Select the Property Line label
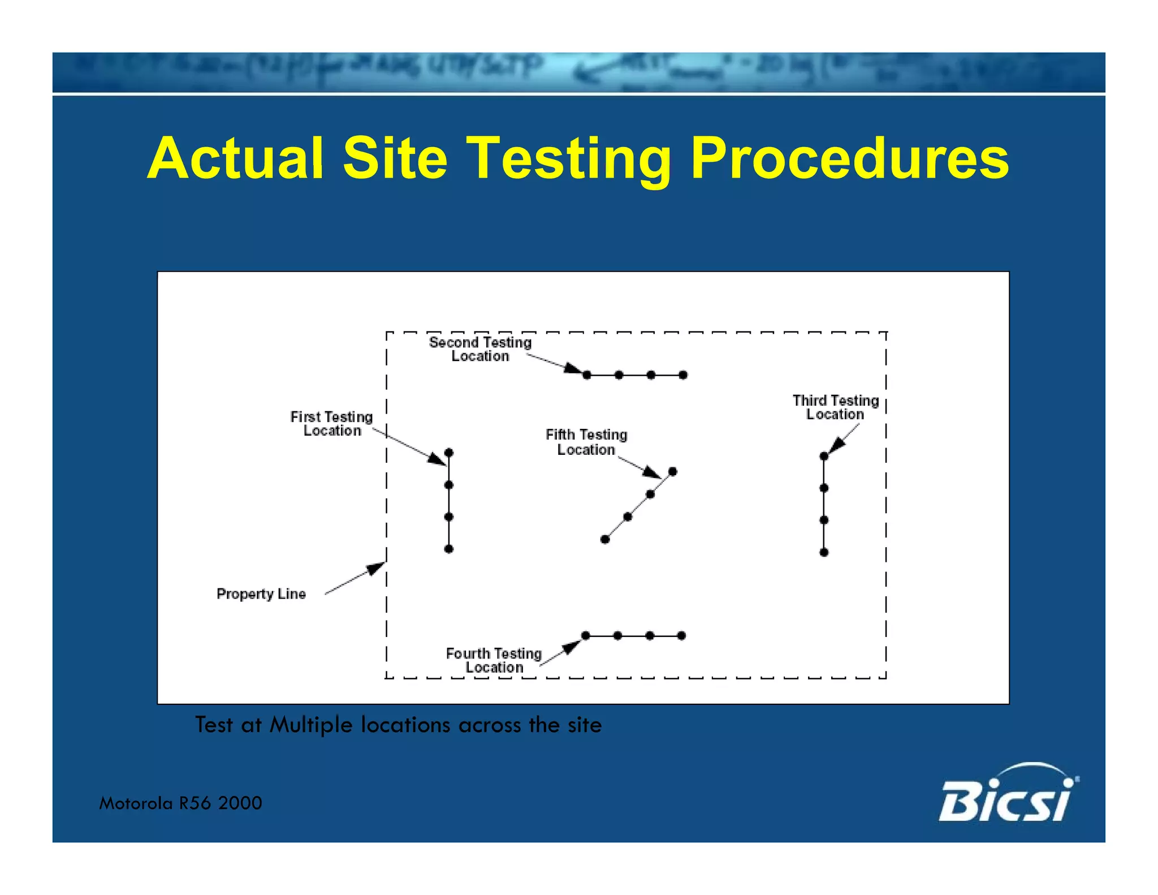pos(261,594)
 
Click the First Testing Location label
pos(332,424)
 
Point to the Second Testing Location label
pos(480,349)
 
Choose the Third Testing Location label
pos(835,407)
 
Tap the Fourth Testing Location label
pos(494,660)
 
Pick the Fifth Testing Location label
pos(586,442)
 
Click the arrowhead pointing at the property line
pos(377,568)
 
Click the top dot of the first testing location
pos(449,453)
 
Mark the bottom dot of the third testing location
pos(824,552)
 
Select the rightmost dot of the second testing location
pos(683,375)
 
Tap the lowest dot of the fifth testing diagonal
pos(605,539)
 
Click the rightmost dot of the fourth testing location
pos(682,636)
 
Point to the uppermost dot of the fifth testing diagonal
pos(672,471)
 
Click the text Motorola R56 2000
pos(180,803)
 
